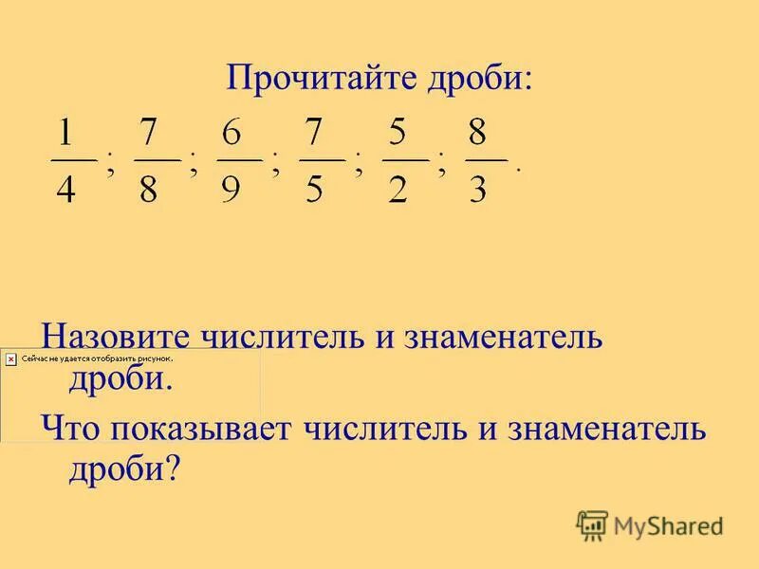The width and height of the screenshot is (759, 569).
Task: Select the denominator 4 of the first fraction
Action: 65,192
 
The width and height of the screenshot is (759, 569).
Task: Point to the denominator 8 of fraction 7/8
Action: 150,192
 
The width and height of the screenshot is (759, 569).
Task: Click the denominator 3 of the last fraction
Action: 479,192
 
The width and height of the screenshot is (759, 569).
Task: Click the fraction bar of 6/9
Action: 238,159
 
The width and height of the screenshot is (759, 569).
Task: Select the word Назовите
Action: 113,337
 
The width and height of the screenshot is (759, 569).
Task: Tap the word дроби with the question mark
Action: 123,468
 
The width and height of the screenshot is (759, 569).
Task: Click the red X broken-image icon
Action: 10,359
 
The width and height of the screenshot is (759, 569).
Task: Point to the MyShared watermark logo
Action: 650,524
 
